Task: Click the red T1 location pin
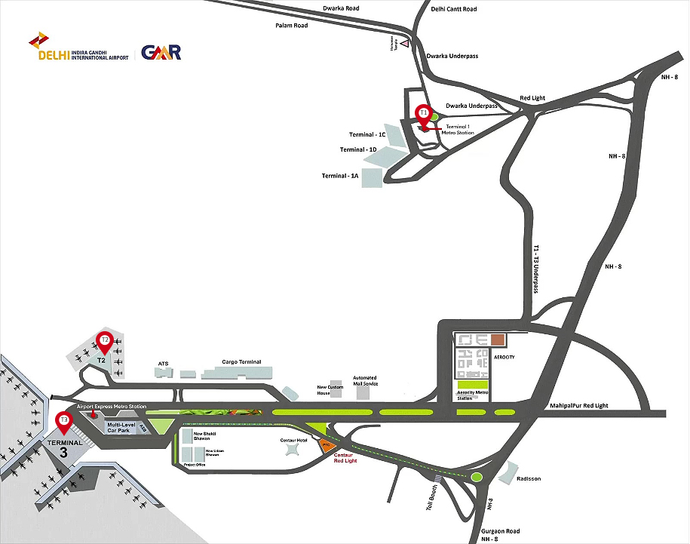[x=424, y=113]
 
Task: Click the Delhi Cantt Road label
[x=454, y=10]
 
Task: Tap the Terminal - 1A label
[x=339, y=176]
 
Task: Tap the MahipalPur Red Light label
[x=579, y=405]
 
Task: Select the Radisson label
[x=528, y=479]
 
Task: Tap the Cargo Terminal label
[x=241, y=362]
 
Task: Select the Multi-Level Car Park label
[x=121, y=428]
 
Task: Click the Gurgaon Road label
[x=502, y=531]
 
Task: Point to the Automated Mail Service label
[x=365, y=381]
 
